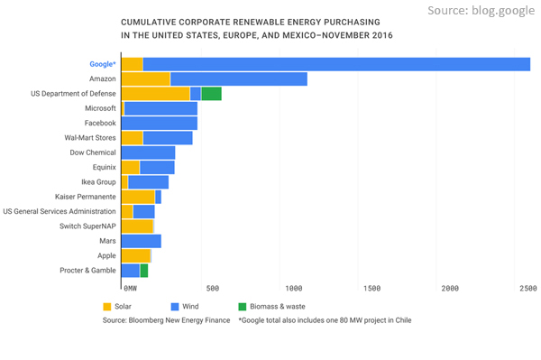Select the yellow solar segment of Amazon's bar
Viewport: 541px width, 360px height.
click(145, 79)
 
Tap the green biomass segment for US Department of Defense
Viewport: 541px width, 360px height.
click(211, 94)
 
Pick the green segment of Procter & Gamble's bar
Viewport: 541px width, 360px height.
click(143, 270)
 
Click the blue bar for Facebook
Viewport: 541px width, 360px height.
click(159, 123)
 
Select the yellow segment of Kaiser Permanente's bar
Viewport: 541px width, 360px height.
click(137, 197)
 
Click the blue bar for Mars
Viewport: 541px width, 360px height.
click(141, 241)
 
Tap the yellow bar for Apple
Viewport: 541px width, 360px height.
click(135, 255)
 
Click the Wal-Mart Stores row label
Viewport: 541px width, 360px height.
click(89, 138)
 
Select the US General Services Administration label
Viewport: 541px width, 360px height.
click(60, 211)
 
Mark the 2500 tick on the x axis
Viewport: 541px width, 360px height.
click(527, 289)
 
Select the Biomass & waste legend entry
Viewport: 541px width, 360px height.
click(270, 306)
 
